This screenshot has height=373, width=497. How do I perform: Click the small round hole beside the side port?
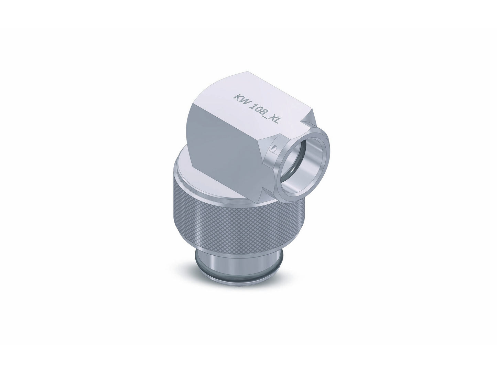coord(274,149)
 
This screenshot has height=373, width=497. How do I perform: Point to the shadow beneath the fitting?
coord(237,282)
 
